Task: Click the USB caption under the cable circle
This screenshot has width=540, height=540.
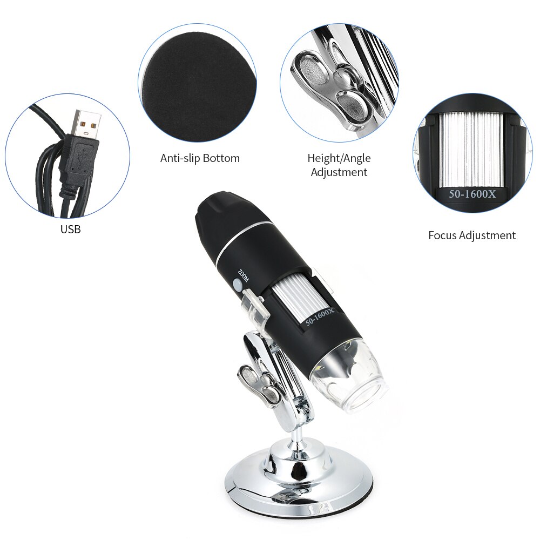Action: (70, 229)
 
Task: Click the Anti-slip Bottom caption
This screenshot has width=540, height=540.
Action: (200, 158)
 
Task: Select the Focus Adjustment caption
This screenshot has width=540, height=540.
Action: (471, 235)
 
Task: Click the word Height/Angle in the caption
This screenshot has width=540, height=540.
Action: (339, 158)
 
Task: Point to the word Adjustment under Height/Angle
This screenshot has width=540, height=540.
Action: (339, 172)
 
